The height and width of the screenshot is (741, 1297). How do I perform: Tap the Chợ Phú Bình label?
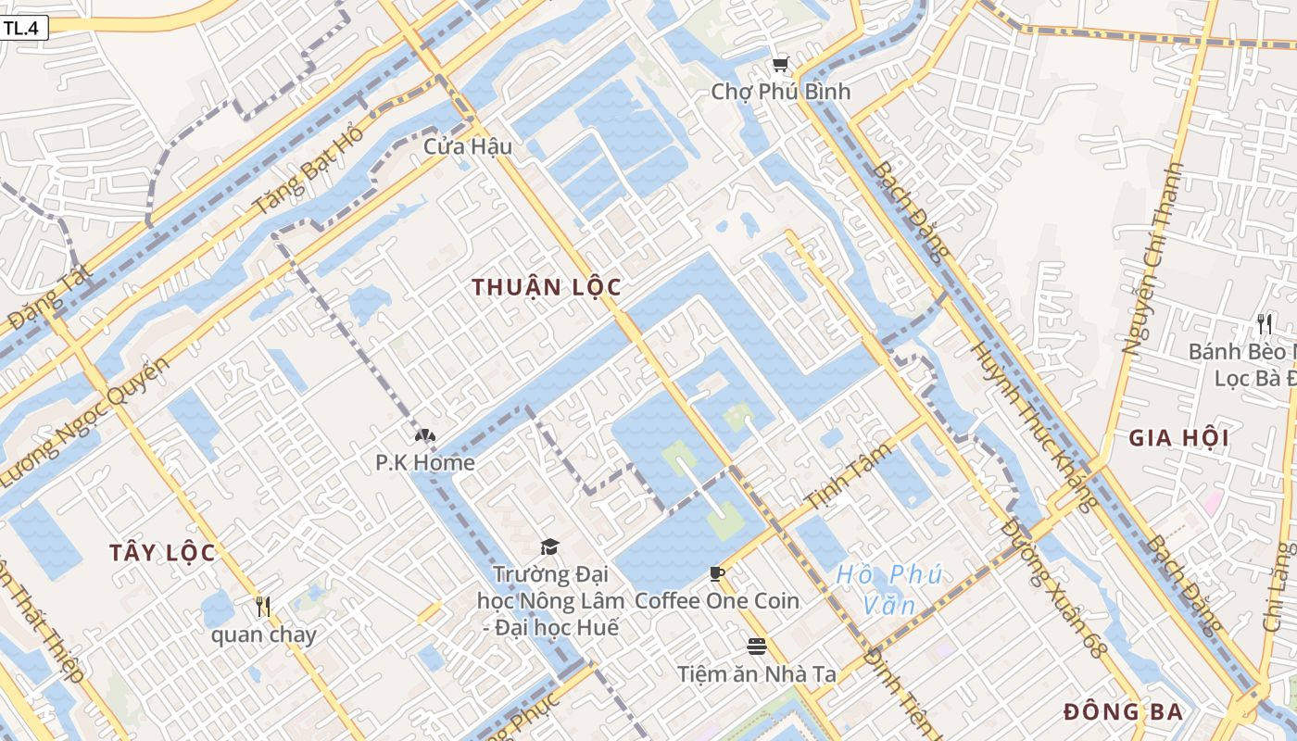[x=780, y=92]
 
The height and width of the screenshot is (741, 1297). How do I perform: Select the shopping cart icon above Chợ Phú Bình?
[x=780, y=64]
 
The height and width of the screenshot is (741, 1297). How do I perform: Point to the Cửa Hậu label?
[x=468, y=146]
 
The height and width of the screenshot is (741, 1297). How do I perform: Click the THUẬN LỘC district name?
[x=546, y=287]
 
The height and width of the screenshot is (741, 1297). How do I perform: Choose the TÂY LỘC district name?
[x=162, y=553]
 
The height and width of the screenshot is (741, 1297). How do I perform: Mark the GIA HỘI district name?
[x=1178, y=438]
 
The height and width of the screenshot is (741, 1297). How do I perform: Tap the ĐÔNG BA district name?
[x=1123, y=712]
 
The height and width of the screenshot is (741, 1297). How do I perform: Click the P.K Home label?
[x=425, y=462]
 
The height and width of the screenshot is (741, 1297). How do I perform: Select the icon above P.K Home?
[x=425, y=435]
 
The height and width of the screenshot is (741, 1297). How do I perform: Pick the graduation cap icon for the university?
[x=550, y=546]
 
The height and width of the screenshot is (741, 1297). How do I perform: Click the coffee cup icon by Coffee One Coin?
[x=716, y=574]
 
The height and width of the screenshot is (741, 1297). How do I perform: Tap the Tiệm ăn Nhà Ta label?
[x=757, y=673]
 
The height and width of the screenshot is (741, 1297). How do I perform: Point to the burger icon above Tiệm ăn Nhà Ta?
[x=757, y=646]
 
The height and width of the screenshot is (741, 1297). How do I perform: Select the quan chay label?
[x=263, y=634]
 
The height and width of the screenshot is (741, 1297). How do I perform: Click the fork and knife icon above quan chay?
[x=263, y=607]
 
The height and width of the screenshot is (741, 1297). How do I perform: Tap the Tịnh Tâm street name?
[x=849, y=476]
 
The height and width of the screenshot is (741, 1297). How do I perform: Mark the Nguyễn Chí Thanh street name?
[x=1153, y=259]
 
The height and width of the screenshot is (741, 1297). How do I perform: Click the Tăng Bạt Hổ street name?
[x=309, y=169]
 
